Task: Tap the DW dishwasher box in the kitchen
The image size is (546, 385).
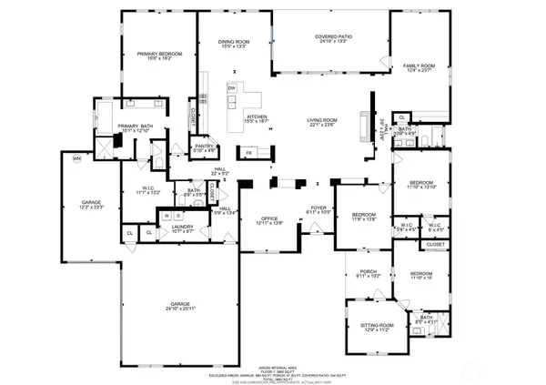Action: (x=232, y=88)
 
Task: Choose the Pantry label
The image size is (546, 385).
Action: (x=204, y=147)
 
